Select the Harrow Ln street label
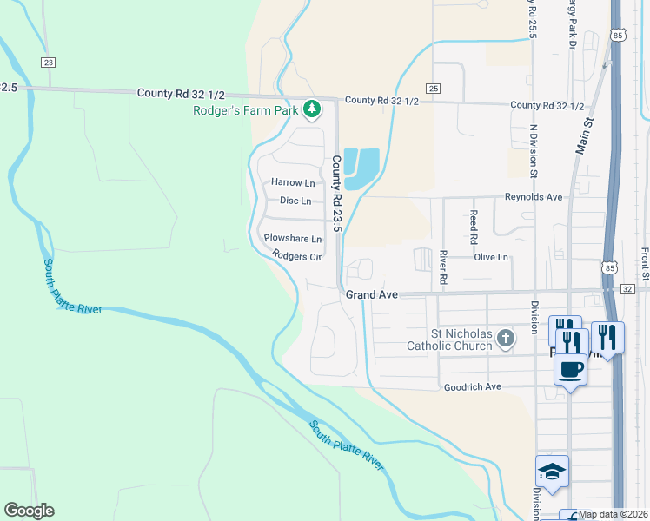click(293, 183)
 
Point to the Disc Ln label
click(295, 201)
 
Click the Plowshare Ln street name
click(293, 238)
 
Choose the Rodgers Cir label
click(297, 256)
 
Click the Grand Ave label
click(372, 295)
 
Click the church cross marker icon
click(507, 340)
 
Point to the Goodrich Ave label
click(472, 386)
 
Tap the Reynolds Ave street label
click(534, 197)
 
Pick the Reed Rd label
click(474, 226)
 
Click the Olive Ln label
click(491, 258)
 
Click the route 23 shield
click(49, 62)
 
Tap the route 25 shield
click(433, 88)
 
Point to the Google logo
click(29, 511)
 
